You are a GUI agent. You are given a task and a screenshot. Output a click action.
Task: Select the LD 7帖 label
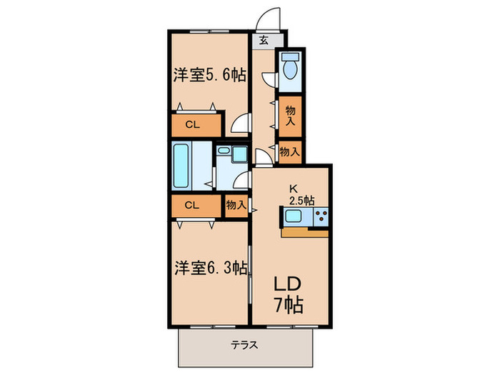[x=289, y=294]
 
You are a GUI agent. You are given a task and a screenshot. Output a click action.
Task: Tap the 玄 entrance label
[x=264, y=41]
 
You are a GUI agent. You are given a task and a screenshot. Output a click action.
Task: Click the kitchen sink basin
[x=294, y=217]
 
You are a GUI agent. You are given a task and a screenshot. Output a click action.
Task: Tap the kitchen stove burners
[x=319, y=217]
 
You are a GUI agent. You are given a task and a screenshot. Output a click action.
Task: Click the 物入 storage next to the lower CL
[x=236, y=205]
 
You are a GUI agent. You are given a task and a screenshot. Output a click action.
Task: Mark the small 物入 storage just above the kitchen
[x=289, y=151]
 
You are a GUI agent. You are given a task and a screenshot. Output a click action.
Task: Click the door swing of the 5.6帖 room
[x=241, y=124]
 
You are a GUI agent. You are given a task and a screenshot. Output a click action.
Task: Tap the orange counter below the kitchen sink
[x=305, y=231]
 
